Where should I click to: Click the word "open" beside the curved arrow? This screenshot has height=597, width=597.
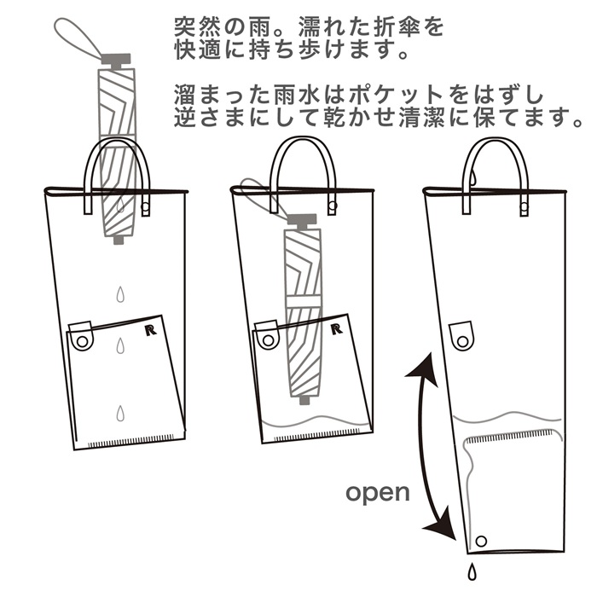378,492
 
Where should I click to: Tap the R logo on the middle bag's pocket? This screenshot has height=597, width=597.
339,328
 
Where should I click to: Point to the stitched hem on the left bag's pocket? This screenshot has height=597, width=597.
131,443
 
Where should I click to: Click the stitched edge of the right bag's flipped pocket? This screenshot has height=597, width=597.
511,435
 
